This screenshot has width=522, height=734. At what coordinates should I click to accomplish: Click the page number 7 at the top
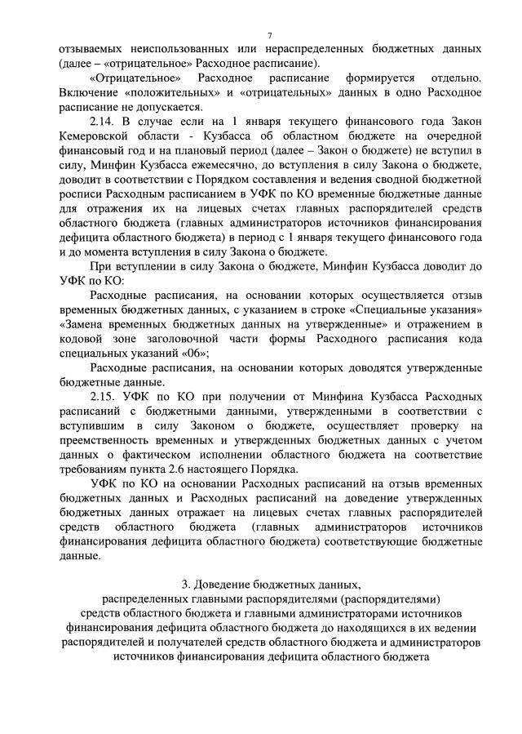268,35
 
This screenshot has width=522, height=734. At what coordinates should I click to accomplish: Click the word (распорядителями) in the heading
393,599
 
